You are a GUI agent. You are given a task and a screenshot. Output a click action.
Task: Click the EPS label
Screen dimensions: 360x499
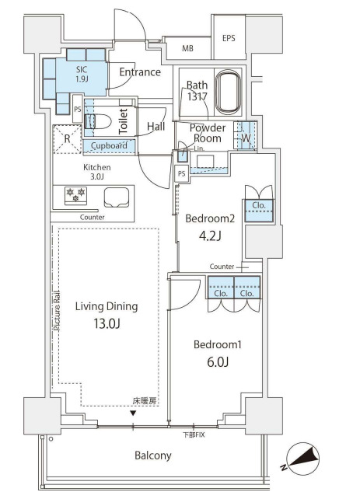pos(229,39)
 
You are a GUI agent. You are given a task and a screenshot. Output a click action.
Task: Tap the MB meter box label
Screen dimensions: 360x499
pos(187,49)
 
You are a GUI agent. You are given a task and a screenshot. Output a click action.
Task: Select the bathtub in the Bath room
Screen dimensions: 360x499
pos(228,92)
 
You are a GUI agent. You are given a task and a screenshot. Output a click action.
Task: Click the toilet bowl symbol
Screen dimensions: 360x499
pos(98,121)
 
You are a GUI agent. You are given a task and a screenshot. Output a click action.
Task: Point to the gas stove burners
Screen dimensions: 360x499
pos(75,195)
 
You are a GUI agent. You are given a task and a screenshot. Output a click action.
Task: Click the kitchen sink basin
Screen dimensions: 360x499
pos(117,197)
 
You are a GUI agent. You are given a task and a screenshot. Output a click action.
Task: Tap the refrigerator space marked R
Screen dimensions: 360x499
pos(67,139)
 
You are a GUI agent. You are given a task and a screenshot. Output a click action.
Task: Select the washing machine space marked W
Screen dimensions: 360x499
pos(246,138)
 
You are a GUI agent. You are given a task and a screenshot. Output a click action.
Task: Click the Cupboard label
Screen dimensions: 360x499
pos(109,146)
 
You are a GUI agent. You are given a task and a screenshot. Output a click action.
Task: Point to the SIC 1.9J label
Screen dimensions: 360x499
pos(82,74)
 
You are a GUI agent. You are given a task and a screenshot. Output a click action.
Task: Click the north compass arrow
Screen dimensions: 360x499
pos(303,458)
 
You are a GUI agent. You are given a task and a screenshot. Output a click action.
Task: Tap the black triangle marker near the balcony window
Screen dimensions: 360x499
pos(133,414)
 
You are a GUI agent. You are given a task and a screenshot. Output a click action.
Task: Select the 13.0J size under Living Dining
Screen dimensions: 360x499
pos(107,323)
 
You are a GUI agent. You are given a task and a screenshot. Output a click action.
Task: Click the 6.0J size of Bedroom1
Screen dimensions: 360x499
pos(218,362)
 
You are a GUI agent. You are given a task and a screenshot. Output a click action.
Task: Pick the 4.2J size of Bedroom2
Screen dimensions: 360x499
pos(210,236)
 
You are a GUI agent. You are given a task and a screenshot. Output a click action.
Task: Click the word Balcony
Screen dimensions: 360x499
pos(153,455)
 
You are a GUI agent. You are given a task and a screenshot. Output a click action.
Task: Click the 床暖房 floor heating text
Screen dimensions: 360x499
pos(145,401)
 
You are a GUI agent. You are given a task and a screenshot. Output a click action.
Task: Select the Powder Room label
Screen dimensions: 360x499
pos(208,133)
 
